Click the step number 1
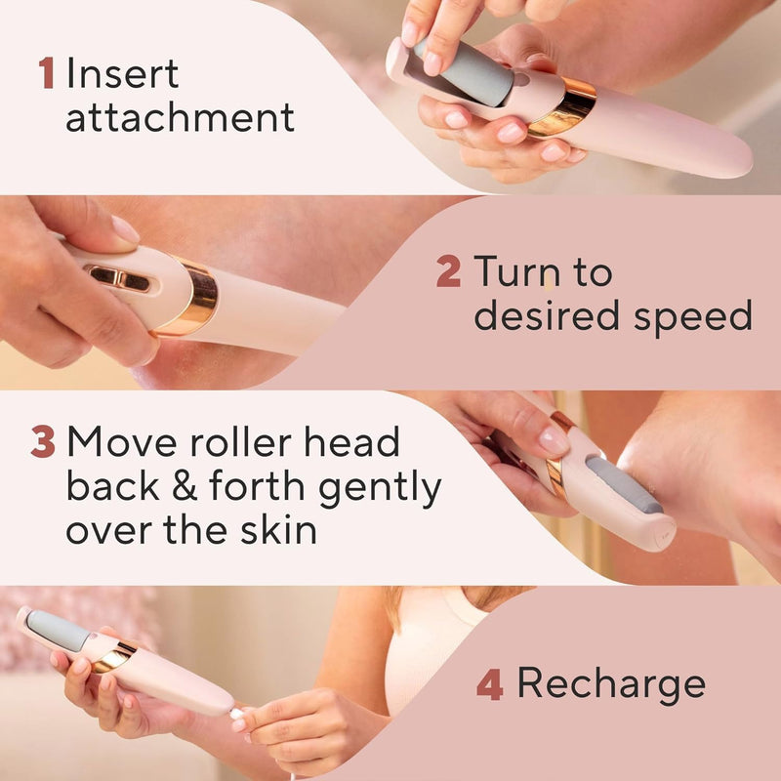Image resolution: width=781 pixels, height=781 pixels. click(x=46, y=74)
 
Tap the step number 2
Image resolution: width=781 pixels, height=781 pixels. click(x=448, y=271)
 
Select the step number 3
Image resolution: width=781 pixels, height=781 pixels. click(x=43, y=442)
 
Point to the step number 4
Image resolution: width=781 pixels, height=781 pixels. click(x=489, y=684)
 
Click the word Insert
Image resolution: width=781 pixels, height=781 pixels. click(x=122, y=74)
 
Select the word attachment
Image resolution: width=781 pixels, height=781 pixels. click(x=180, y=118)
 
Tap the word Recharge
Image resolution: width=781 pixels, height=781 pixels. click(x=611, y=684)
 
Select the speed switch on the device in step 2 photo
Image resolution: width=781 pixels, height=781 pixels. click(x=120, y=279)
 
